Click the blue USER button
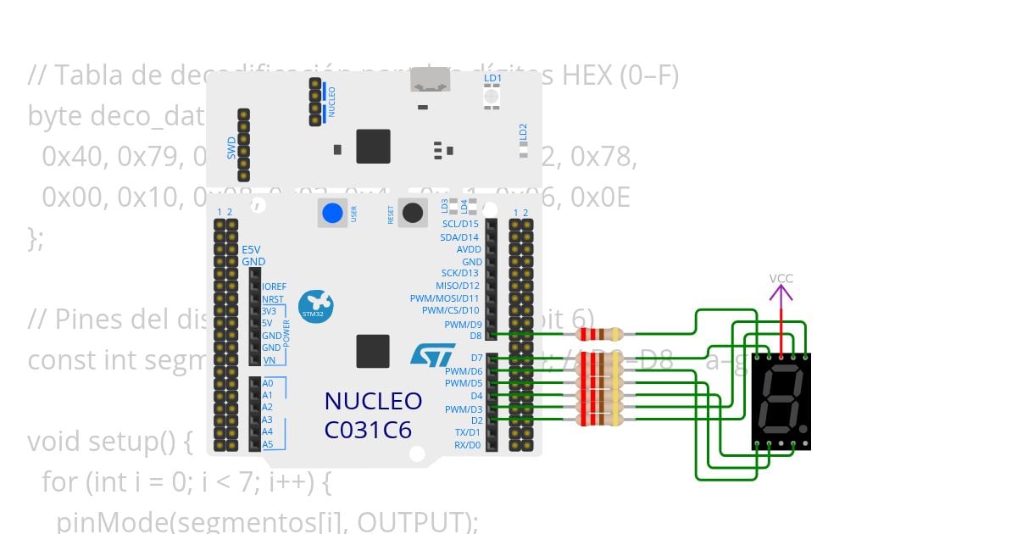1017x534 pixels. pos(333,212)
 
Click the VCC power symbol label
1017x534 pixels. pos(781,278)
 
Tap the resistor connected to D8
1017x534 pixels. pos(599,335)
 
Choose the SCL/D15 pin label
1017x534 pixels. pos(460,224)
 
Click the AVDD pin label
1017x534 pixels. pos(469,249)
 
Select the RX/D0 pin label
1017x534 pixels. pos(467,444)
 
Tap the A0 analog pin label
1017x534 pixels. pos(267,382)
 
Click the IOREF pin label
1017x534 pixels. pos(275,286)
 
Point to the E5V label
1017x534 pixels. pos(251,250)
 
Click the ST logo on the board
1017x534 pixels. pos(432,354)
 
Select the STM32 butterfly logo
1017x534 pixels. pos(315,303)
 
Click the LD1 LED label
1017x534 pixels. pos(492,78)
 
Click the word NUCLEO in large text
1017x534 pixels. pos(373,401)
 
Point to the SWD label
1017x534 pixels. pos(231,149)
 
